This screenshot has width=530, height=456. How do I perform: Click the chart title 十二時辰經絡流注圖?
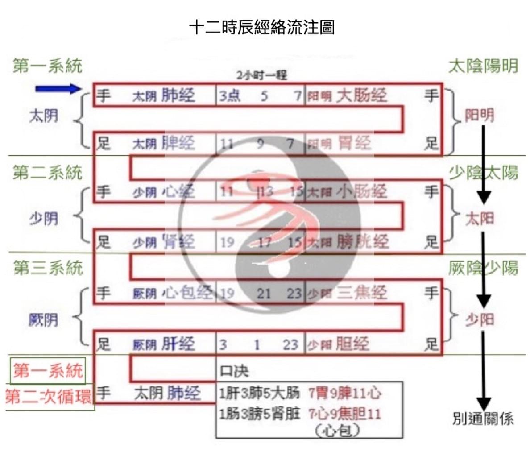(261, 28)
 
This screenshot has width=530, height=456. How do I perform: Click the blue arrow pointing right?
(58, 89)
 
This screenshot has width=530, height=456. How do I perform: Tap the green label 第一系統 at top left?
(47, 66)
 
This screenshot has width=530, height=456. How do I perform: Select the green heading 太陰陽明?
(483, 66)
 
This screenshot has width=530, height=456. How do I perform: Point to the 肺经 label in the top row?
(178, 95)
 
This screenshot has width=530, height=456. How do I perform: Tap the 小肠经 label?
(361, 192)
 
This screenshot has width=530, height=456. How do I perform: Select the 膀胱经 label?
(363, 242)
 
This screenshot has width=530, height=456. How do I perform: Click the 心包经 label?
(186, 293)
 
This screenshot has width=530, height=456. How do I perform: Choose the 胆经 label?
(352, 344)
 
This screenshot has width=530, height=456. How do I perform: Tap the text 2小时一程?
(261, 75)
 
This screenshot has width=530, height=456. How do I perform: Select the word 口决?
(234, 371)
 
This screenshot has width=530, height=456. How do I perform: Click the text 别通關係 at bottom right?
(483, 419)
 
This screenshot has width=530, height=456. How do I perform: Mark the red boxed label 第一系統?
(48, 370)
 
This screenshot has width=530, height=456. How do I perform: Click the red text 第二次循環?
(48, 396)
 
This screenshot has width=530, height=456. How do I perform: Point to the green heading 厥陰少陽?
(483, 268)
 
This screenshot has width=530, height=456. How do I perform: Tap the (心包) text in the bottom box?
(337, 431)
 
